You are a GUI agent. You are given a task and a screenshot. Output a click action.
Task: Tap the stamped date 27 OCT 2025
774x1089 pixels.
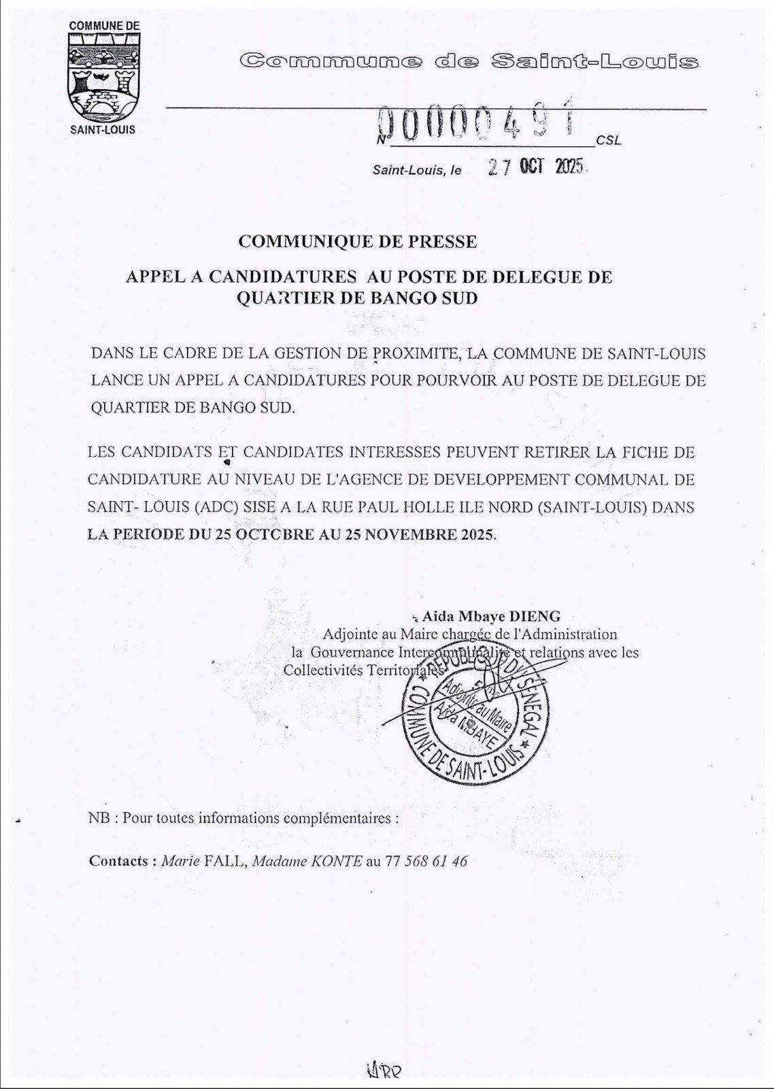click(537, 167)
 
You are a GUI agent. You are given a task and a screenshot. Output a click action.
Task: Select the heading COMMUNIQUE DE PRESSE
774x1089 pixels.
click(358, 242)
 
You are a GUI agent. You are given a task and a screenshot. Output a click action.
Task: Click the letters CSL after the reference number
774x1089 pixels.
click(608, 141)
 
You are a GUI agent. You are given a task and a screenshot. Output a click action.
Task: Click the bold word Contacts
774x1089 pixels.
click(118, 861)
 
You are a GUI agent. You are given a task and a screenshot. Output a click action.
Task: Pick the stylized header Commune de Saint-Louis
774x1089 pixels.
click(469, 62)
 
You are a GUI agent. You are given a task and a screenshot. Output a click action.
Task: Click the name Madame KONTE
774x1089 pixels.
click(307, 861)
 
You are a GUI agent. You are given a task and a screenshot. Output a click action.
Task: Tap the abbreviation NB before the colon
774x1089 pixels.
click(98, 818)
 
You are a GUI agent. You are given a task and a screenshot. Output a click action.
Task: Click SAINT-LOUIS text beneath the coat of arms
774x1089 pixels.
click(103, 129)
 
